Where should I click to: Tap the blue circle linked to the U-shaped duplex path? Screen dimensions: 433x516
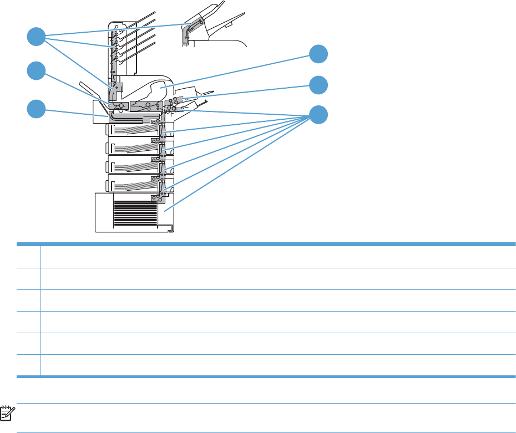click(x=36, y=108)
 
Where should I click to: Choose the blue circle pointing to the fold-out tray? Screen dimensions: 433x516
click(x=318, y=85)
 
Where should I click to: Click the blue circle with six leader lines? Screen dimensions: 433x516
click(x=318, y=115)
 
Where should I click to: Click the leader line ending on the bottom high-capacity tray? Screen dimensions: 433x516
click(x=239, y=161)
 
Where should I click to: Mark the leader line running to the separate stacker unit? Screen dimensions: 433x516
click(x=111, y=30)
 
